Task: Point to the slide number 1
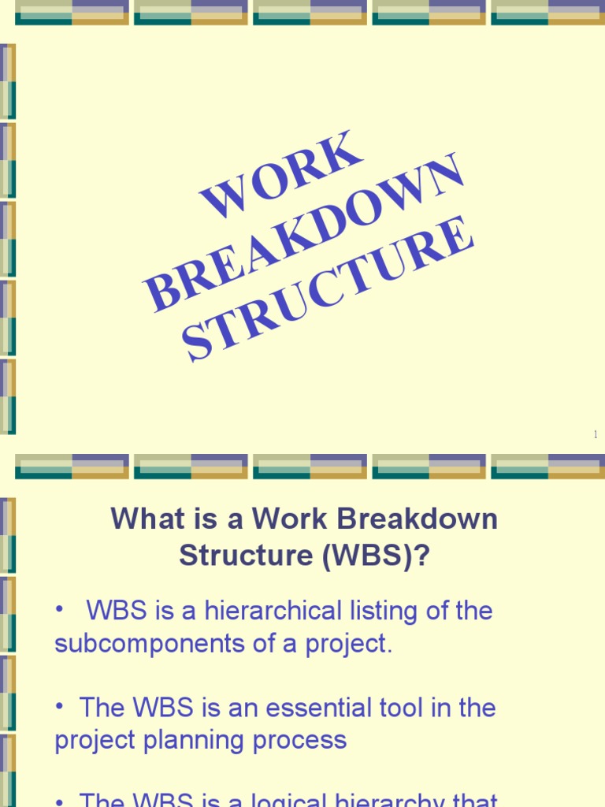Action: pos(596,434)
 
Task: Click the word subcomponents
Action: pos(136,644)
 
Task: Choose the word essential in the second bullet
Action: pos(325,708)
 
